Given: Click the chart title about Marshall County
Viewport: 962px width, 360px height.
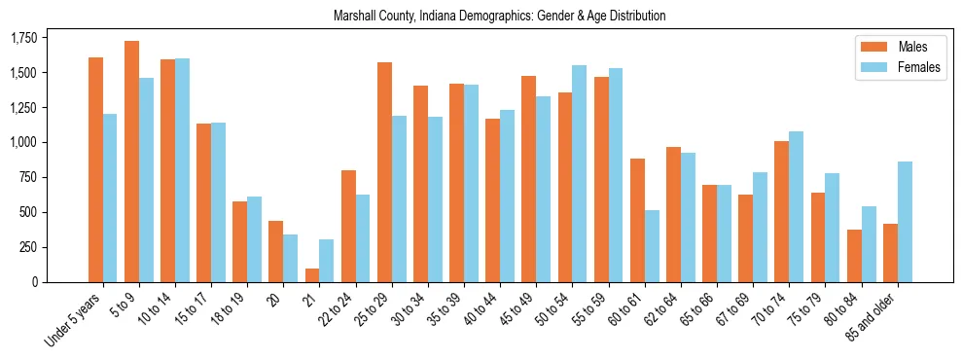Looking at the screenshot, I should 499,17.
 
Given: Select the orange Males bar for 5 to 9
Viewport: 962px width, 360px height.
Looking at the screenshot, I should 131,162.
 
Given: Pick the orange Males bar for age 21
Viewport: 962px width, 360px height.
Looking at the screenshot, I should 312,275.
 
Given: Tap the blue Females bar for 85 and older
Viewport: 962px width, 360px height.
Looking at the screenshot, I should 905,222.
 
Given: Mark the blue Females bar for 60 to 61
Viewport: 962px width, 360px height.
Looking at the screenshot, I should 652,246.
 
